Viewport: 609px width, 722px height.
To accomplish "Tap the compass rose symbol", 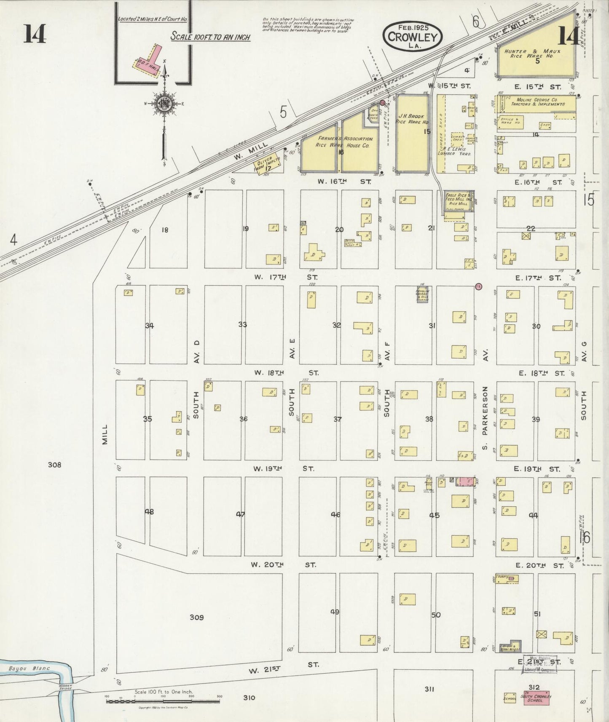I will click(x=164, y=104).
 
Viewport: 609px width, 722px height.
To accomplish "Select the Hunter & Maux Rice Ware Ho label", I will click(x=532, y=53).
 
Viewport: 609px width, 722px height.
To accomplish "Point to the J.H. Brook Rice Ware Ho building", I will click(x=412, y=133).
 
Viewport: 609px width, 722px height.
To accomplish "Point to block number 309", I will click(x=196, y=617).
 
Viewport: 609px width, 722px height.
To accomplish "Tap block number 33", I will click(x=242, y=324).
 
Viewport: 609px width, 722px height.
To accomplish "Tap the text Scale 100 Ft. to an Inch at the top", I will click(x=210, y=37).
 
